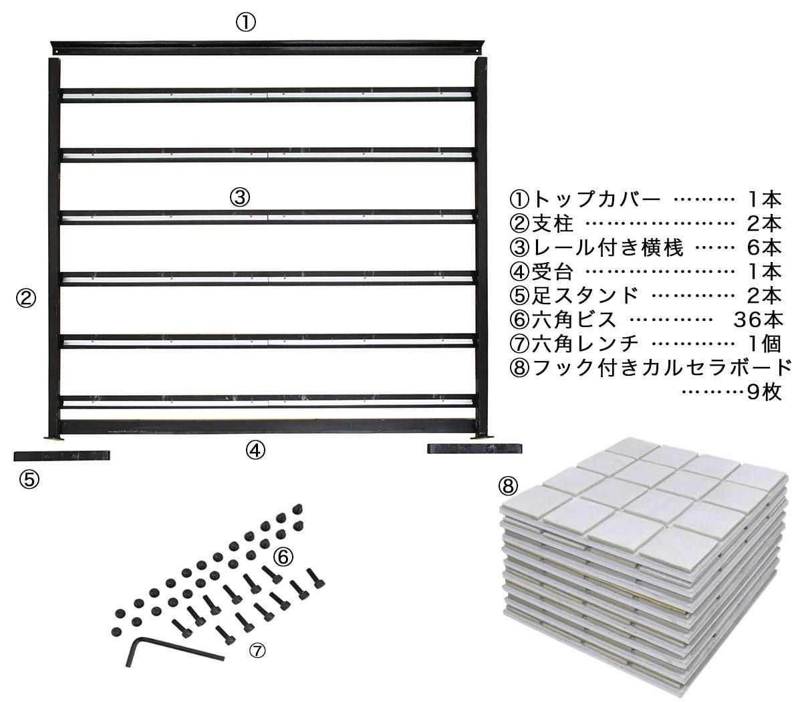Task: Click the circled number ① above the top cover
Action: (246, 23)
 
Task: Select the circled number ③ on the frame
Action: (240, 197)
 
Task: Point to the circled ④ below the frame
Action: (255, 450)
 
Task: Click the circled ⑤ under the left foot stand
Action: (29, 479)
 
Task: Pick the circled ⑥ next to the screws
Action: (283, 556)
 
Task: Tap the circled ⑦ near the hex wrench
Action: (257, 651)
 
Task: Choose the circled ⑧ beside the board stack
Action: (508, 486)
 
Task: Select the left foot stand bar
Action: (62, 456)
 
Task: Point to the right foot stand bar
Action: (475, 449)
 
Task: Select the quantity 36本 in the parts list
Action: (758, 320)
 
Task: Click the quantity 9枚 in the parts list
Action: (765, 392)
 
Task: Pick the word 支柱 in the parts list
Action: (553, 223)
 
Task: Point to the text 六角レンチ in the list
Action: (585, 344)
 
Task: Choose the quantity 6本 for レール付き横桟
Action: (765, 247)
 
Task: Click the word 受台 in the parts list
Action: (553, 271)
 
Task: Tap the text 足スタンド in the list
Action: (585, 296)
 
